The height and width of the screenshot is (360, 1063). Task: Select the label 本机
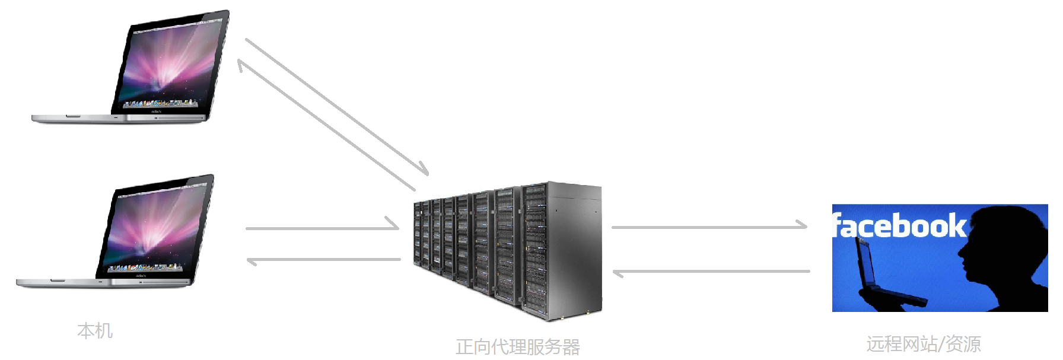pyautogui.click(x=95, y=331)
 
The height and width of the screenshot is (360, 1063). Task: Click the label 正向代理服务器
pyautogui.click(x=518, y=347)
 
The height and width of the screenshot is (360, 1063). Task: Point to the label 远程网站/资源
pyautogui.click(x=924, y=344)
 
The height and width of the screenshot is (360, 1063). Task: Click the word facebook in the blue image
pyautogui.click(x=899, y=225)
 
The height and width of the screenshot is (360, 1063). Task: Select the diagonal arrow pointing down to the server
pyautogui.click(x=337, y=107)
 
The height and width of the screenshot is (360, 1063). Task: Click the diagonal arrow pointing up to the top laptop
pyautogui.click(x=326, y=125)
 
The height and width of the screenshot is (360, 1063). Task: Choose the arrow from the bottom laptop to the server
pyautogui.click(x=323, y=225)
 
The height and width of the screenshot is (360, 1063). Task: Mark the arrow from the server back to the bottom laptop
pyautogui.click(x=323, y=260)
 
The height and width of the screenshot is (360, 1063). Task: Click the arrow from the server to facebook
pyautogui.click(x=709, y=226)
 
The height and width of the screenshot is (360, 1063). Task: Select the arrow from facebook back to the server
pyautogui.click(x=711, y=272)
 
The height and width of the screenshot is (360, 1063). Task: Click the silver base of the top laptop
pyautogui.click(x=119, y=119)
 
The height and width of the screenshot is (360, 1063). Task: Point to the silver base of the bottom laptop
pyautogui.click(x=103, y=283)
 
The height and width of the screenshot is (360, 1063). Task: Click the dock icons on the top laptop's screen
pyautogui.click(x=159, y=104)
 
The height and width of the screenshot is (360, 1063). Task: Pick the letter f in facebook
pyautogui.click(x=838, y=225)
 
